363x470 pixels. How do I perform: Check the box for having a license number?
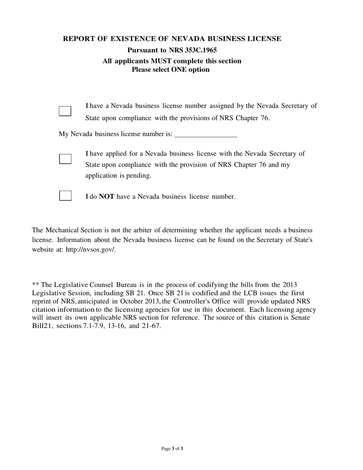click(x=65, y=111)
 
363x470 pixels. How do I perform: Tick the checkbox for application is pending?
click(x=65, y=159)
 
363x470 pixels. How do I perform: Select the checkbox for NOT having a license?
click(x=65, y=196)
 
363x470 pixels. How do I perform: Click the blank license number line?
click(x=206, y=135)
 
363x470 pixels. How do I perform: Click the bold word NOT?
click(x=107, y=197)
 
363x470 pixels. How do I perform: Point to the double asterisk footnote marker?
click(x=36, y=285)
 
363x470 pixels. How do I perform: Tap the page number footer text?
click(x=172, y=449)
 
